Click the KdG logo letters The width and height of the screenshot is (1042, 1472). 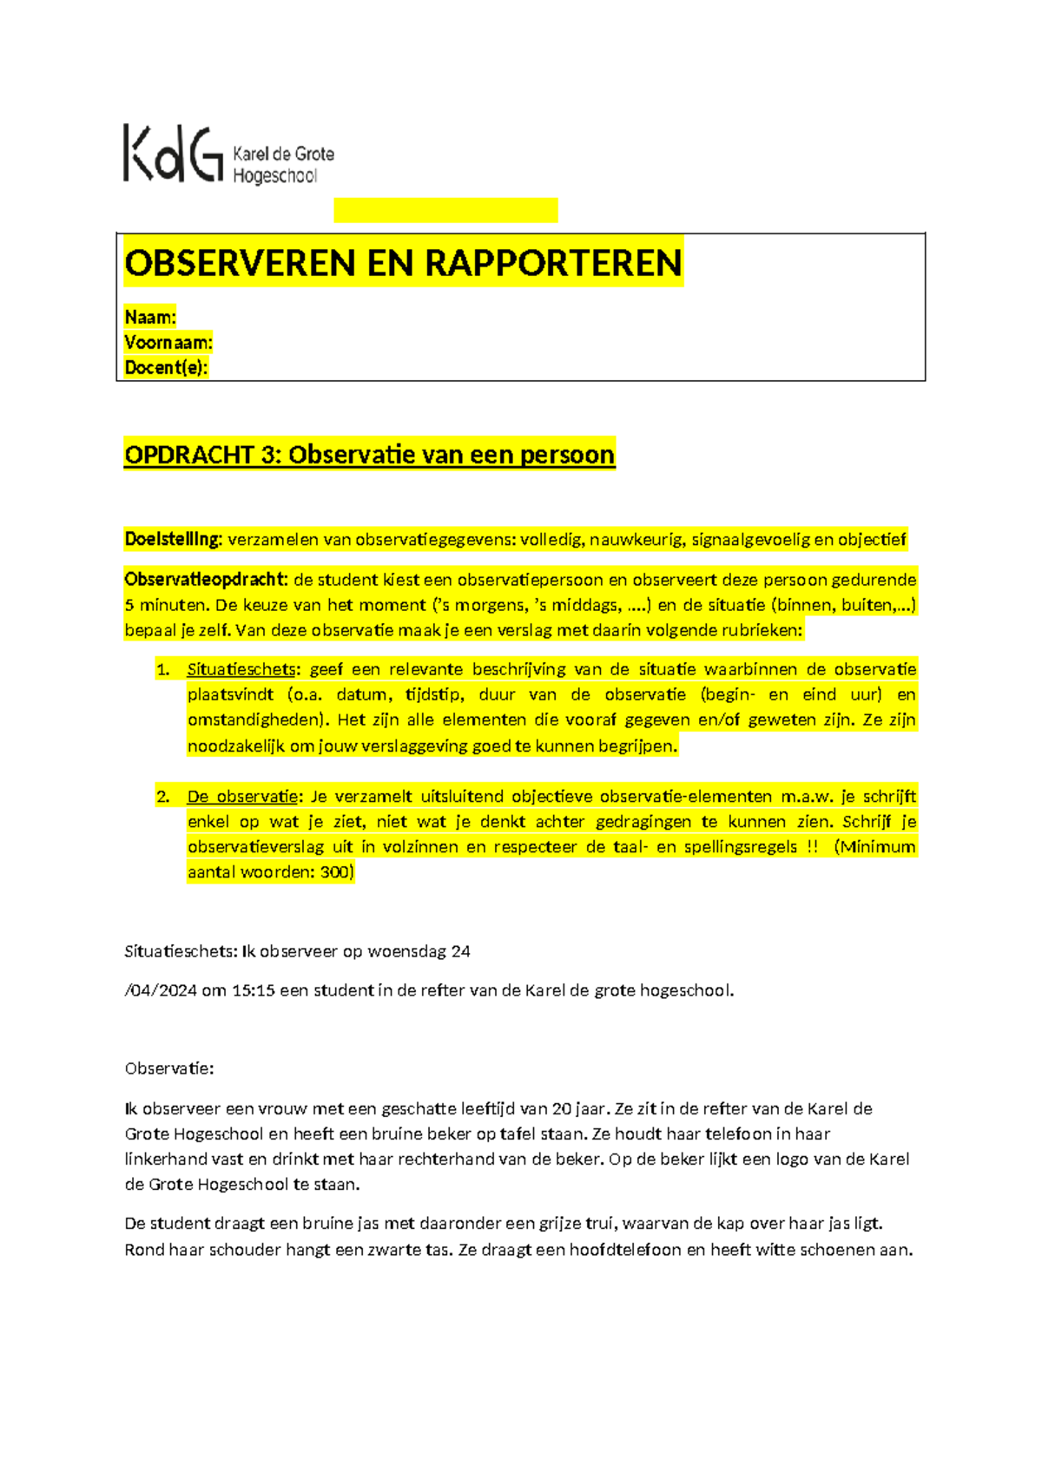[x=172, y=154]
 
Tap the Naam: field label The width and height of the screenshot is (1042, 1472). [x=150, y=317]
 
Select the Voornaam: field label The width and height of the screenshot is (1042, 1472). [x=168, y=342]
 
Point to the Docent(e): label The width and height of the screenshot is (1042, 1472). [x=166, y=367]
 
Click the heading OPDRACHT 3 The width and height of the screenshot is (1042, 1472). [x=201, y=455]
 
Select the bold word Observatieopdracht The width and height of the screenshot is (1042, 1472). [x=205, y=580]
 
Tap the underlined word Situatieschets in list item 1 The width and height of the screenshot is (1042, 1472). [x=241, y=669]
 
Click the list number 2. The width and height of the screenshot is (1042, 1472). [x=162, y=797]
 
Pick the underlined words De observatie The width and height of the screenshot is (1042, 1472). [x=242, y=797]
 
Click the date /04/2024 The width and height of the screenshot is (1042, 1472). [x=161, y=990]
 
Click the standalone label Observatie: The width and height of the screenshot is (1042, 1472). [x=169, y=1068]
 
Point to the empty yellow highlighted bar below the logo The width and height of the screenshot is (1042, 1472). [x=445, y=210]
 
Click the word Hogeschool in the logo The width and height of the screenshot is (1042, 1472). [x=275, y=176]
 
